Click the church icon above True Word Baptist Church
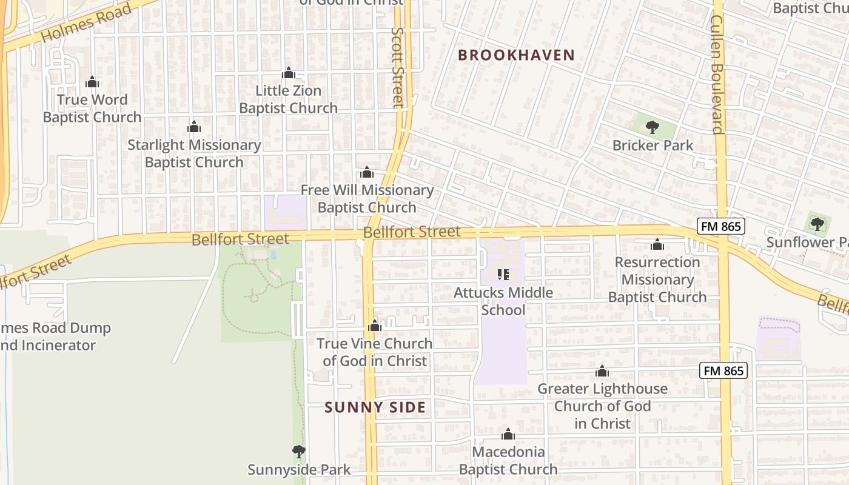(92, 82)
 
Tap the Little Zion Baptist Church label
(288, 99)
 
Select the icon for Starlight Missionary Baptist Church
(194, 127)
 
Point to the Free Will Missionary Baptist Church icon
(367, 173)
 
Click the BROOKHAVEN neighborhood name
(516, 55)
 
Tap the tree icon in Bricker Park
(653, 127)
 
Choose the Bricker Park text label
(653, 145)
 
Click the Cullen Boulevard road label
(717, 74)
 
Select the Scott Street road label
(398, 67)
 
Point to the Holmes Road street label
(86, 24)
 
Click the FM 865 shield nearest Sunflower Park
(720, 226)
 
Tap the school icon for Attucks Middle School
(503, 275)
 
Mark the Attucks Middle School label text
(503, 301)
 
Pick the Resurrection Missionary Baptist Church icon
(657, 245)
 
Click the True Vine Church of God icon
(375, 326)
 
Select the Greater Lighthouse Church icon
(602, 371)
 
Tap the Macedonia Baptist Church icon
(508, 435)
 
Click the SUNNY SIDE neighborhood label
(375, 407)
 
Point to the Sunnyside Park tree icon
(298, 452)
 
